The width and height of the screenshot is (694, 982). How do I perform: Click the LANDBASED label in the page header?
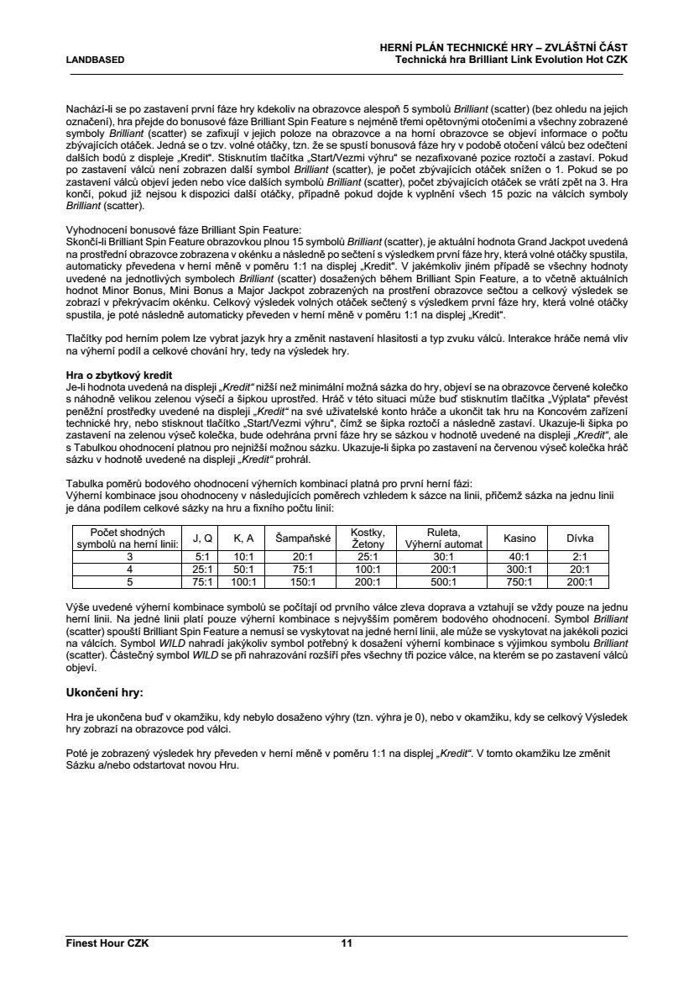click(x=96, y=60)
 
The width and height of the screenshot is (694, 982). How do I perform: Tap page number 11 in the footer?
click(x=346, y=943)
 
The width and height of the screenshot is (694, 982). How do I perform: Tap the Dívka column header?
click(x=580, y=538)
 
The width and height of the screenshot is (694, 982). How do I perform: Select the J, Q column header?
click(x=202, y=538)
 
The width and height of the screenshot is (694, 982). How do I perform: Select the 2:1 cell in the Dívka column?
click(x=580, y=556)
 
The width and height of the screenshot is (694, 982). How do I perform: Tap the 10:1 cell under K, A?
click(x=243, y=556)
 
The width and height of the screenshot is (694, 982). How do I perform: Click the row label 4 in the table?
click(x=129, y=569)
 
